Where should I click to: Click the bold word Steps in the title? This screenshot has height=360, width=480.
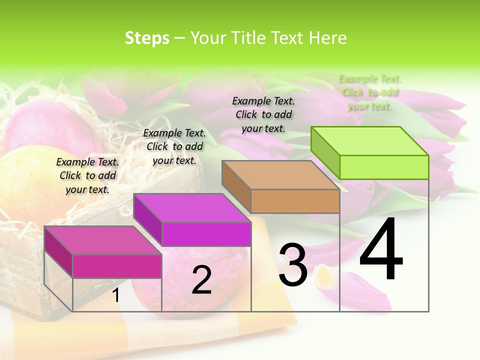(147, 38)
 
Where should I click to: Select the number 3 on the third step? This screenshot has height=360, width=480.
(293, 265)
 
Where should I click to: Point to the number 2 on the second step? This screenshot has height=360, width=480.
(201, 280)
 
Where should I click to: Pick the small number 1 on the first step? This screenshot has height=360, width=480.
(116, 295)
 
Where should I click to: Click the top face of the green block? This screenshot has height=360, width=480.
(369, 140)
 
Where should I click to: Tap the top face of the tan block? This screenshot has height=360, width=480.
(280, 174)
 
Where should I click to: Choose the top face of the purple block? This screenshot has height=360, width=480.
(192, 207)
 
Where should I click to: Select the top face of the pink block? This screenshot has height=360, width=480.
(103, 240)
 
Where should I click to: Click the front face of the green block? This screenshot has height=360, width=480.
(384, 167)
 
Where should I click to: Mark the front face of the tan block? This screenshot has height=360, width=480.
(295, 201)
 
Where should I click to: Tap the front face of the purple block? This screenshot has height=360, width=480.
(206, 234)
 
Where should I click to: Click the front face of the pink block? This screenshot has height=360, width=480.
(117, 266)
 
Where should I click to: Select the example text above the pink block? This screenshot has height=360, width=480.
(87, 175)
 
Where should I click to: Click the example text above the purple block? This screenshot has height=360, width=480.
(174, 146)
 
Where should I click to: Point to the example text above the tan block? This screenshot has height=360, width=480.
(263, 114)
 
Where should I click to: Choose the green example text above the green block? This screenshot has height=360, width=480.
(370, 92)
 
